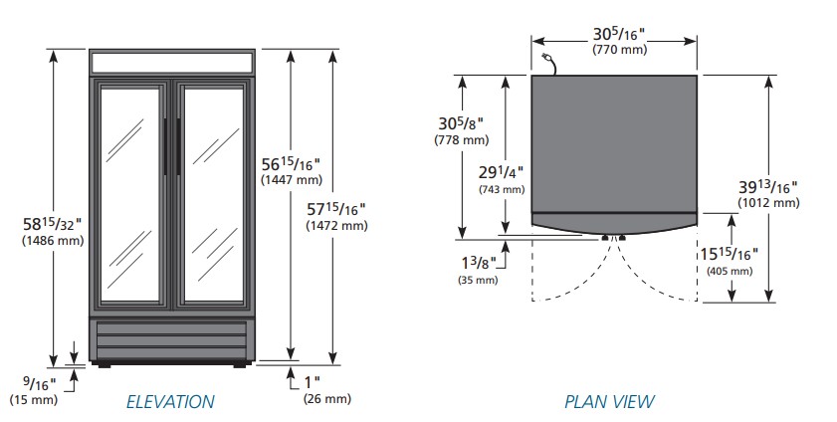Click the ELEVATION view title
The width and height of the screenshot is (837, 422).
click(169, 402)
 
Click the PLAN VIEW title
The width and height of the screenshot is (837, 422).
click(609, 402)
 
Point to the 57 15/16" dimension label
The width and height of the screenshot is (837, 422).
click(337, 209)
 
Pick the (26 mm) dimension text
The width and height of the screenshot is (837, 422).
click(326, 399)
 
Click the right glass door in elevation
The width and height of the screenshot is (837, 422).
click(212, 194)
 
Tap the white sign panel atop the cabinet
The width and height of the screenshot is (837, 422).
click(170, 62)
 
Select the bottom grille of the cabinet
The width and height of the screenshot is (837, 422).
click(170, 339)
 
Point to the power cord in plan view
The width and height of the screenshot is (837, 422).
click(547, 63)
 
